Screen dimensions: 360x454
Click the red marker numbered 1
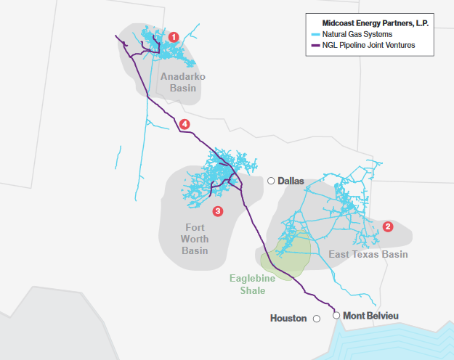click(173, 36)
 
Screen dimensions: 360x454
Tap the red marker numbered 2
click(388, 226)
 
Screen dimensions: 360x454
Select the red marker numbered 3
click(217, 211)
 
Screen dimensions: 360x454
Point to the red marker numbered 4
click(185, 124)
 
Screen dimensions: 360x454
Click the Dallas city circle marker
click(270, 181)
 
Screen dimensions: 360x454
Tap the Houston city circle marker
click(317, 319)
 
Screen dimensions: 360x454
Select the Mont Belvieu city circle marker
click(336, 315)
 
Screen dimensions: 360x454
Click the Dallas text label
click(291, 181)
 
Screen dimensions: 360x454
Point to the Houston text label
click(288, 319)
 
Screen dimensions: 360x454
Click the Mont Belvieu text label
click(371, 315)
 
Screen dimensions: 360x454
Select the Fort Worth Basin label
click(195, 239)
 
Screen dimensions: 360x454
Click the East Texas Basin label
click(368, 254)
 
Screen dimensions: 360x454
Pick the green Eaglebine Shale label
click(248, 285)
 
